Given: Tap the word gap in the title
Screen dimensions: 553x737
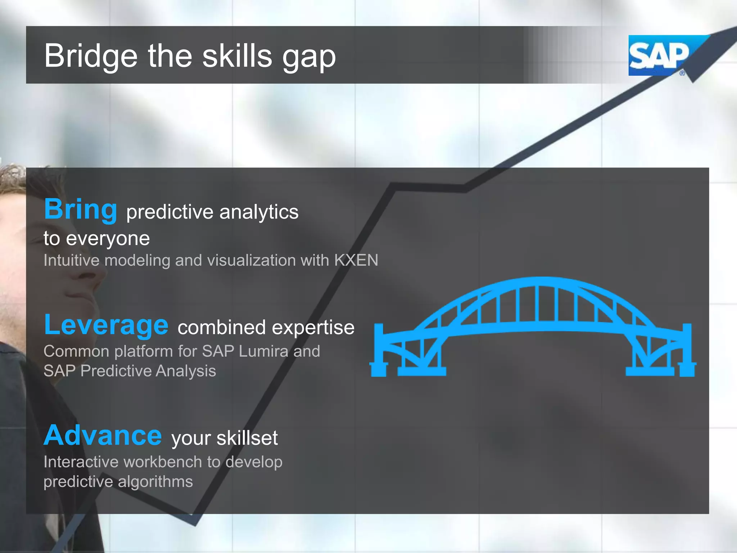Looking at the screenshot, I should coord(309,58).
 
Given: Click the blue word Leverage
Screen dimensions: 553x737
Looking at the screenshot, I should coord(106,325).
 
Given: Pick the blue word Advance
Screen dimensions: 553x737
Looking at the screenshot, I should coord(103,436).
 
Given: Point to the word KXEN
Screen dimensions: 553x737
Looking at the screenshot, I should coord(356,260).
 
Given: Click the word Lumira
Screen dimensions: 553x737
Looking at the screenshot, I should coord(263,351).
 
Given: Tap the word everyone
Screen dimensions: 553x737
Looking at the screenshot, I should coord(108,239).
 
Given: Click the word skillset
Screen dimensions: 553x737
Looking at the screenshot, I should coord(247,438).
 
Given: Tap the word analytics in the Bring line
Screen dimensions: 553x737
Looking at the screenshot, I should coord(259,212).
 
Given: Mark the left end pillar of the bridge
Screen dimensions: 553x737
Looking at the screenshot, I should coord(379,351).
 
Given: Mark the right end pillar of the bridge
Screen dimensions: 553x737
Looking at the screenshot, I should coord(687,351).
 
